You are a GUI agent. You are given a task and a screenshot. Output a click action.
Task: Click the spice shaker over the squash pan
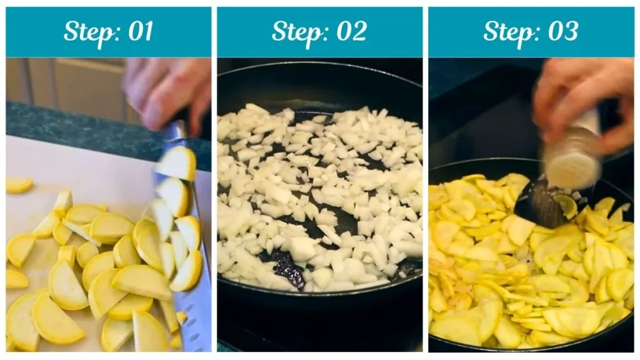coord(572,150)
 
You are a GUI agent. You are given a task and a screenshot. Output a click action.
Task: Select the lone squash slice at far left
coord(19,185)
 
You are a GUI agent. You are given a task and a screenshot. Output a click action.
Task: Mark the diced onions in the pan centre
coord(319,187)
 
